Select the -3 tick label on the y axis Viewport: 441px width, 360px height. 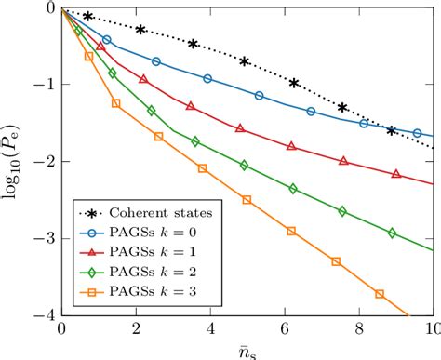point(45,239)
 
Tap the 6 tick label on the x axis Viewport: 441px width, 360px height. point(285,329)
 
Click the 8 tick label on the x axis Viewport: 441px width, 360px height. point(359,329)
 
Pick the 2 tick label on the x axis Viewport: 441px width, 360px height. point(136,329)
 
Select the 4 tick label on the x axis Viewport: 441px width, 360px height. point(210,329)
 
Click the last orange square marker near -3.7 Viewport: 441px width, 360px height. point(380,294)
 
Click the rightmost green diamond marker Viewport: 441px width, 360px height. point(392,233)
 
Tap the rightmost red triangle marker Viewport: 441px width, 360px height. point(396,174)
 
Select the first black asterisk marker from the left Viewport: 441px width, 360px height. point(88,17)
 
